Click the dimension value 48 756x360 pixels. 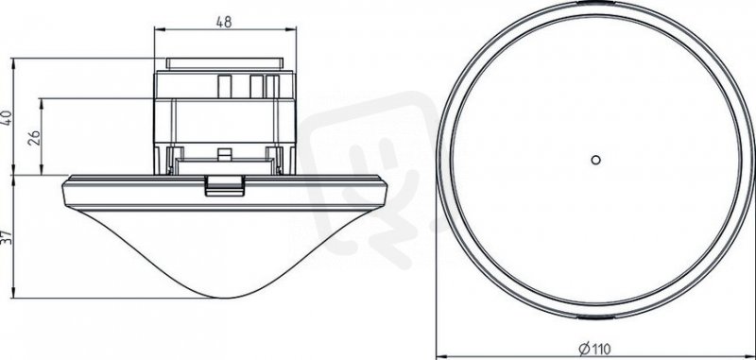[x=224, y=22]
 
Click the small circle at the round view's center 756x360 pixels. [x=596, y=160]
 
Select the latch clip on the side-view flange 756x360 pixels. [x=224, y=185]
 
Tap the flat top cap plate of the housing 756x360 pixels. [x=224, y=63]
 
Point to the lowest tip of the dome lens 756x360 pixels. [x=224, y=298]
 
